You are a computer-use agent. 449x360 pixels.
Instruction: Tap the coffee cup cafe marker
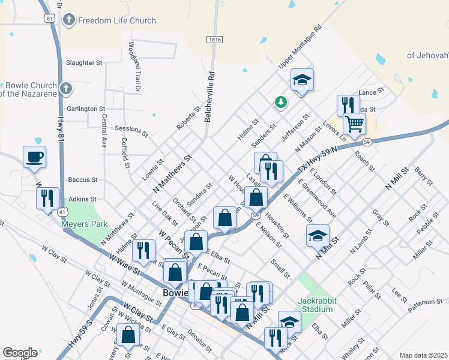[34, 157]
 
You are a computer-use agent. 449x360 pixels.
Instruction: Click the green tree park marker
[280, 103]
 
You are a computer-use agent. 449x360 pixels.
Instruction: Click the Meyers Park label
[85, 224]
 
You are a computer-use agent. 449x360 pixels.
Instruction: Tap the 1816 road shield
[214, 40]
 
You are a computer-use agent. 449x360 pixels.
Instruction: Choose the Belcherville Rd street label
[210, 98]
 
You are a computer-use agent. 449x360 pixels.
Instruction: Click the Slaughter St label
[85, 62]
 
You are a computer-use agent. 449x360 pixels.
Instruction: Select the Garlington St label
[86, 109]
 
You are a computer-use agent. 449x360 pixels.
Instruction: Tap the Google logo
[20, 353]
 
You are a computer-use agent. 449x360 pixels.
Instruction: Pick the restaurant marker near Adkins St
[47, 199]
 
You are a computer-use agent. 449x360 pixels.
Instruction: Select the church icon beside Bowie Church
[67, 89]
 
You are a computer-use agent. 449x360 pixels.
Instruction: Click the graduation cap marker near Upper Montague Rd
[302, 80]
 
